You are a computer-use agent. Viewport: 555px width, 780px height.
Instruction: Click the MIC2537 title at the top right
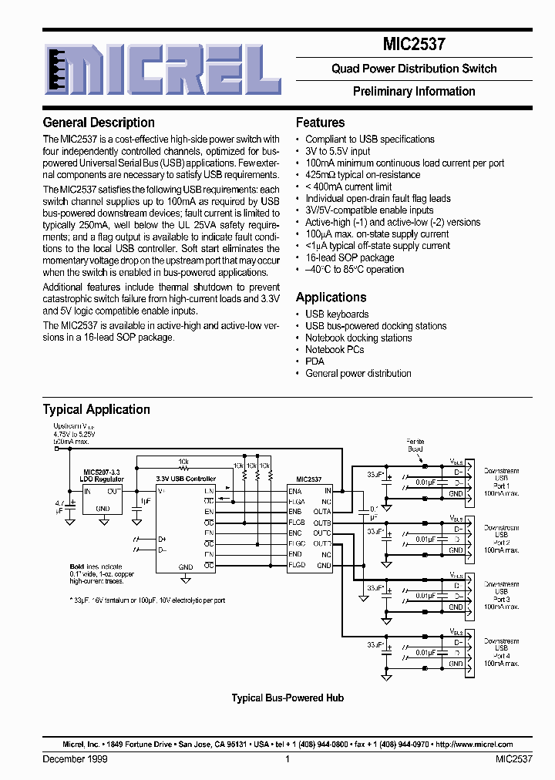click(415, 45)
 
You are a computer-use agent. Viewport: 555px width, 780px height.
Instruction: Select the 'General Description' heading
click(99, 123)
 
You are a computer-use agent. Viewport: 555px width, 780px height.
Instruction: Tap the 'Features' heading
click(320, 123)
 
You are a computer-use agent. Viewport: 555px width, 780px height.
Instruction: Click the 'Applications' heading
click(331, 298)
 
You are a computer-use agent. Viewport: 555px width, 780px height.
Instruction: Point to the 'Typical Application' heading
click(96, 409)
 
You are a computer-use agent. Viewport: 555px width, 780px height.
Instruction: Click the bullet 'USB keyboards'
click(337, 314)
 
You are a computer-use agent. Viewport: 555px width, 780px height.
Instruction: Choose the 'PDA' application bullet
click(314, 361)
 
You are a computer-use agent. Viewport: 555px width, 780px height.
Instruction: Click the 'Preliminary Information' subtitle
click(414, 91)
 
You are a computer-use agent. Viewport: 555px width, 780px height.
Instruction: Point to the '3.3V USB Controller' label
click(186, 479)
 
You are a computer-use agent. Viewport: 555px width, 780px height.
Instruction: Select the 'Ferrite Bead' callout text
click(415, 445)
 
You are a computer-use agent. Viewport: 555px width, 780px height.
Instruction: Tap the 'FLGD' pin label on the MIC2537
click(296, 565)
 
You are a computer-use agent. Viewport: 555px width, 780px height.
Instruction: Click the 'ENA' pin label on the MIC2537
click(294, 490)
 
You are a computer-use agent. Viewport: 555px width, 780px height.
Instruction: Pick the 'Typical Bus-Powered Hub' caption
click(288, 698)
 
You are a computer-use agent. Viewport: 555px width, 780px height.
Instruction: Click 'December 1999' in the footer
click(75, 759)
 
